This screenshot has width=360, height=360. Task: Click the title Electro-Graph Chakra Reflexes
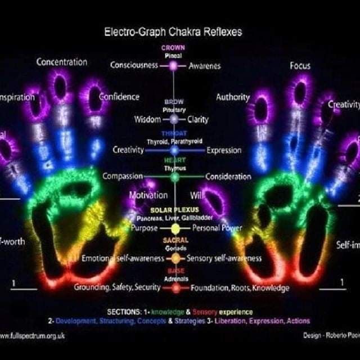[x=173, y=32]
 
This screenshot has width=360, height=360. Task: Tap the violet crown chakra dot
[x=174, y=66]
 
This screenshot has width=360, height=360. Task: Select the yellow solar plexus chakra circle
[x=175, y=228]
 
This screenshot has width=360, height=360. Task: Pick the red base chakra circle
[x=176, y=288]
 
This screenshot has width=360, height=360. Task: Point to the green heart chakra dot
[x=175, y=177]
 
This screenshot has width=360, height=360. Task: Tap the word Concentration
[x=62, y=62]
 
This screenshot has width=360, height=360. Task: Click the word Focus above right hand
[x=300, y=66]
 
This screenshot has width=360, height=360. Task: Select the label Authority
[x=233, y=97]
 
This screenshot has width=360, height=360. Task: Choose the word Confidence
[x=119, y=96]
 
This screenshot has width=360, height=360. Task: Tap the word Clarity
[x=197, y=119]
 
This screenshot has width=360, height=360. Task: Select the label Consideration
[x=228, y=177]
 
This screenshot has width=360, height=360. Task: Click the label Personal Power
[x=217, y=228]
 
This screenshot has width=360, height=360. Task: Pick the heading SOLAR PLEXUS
[x=175, y=209]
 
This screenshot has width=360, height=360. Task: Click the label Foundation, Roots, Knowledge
[x=240, y=288]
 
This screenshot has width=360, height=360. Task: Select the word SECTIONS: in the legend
[x=124, y=312]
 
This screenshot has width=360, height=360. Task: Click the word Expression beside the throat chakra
[x=224, y=150]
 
